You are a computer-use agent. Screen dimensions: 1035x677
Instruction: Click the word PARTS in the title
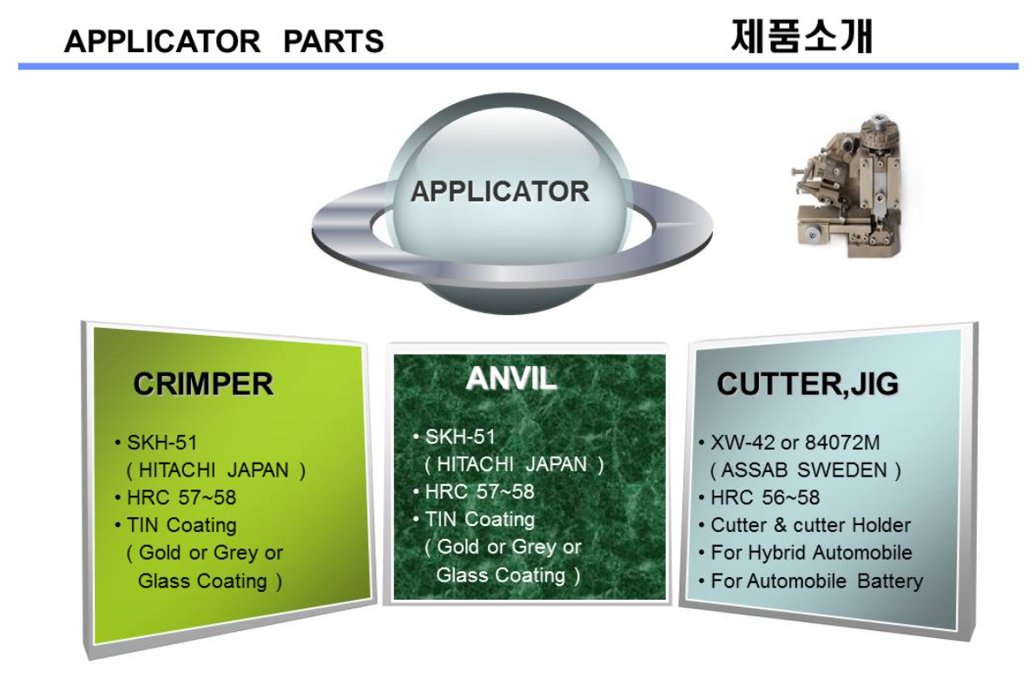pyautogui.click(x=333, y=42)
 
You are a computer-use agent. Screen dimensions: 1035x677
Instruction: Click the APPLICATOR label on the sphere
pyautogui.click(x=499, y=191)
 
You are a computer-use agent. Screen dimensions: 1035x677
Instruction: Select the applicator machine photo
pyautogui.click(x=847, y=187)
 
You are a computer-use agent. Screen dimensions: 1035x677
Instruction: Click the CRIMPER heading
pyautogui.click(x=203, y=384)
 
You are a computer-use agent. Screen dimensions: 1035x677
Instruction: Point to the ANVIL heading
pyautogui.click(x=511, y=378)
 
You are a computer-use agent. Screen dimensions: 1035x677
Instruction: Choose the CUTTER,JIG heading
pyautogui.click(x=808, y=384)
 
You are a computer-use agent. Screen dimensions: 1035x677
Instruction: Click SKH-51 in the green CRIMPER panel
pyautogui.click(x=162, y=442)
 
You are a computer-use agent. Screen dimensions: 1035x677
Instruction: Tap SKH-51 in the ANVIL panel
pyautogui.click(x=460, y=437)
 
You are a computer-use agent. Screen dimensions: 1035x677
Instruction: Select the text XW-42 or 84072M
pyautogui.click(x=794, y=442)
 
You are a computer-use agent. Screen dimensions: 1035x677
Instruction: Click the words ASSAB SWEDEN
pyautogui.click(x=804, y=470)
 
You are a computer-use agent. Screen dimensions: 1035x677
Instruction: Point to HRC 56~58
pyautogui.click(x=765, y=496)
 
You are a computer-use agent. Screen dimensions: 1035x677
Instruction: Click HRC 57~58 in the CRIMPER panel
pyautogui.click(x=181, y=496)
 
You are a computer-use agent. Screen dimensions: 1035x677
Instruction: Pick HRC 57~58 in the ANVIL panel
pyautogui.click(x=480, y=491)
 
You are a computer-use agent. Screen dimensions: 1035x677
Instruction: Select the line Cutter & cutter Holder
pyautogui.click(x=811, y=525)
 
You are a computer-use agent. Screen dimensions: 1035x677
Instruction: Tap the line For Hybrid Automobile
pyautogui.click(x=811, y=553)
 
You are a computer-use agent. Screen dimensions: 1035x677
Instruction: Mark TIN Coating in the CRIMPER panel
pyautogui.click(x=181, y=525)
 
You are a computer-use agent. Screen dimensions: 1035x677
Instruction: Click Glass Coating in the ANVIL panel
pyautogui.click(x=500, y=575)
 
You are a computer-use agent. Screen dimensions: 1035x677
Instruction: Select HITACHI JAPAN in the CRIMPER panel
pyautogui.click(x=214, y=470)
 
